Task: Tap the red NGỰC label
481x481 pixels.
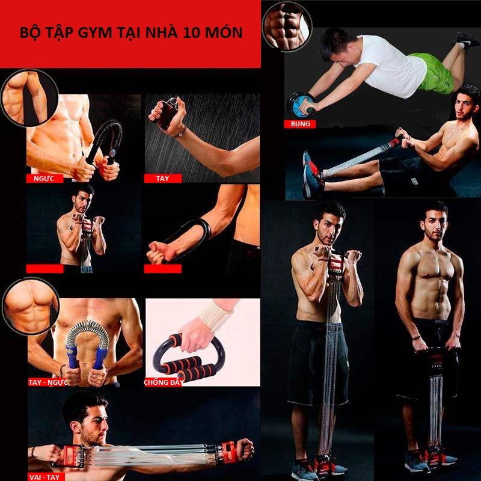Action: point(44,179)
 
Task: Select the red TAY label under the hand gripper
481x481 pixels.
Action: point(162,179)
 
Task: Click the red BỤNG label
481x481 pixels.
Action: point(300,124)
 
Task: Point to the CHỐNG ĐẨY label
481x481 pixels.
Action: point(164,382)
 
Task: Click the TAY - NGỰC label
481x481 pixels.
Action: point(48,382)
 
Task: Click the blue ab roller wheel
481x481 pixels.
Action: point(298,104)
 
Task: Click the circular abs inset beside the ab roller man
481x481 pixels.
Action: point(287,26)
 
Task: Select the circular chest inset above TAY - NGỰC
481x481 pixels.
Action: point(31,306)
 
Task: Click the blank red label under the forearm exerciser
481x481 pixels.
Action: point(162,269)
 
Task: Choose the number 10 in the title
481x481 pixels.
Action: point(191,32)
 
